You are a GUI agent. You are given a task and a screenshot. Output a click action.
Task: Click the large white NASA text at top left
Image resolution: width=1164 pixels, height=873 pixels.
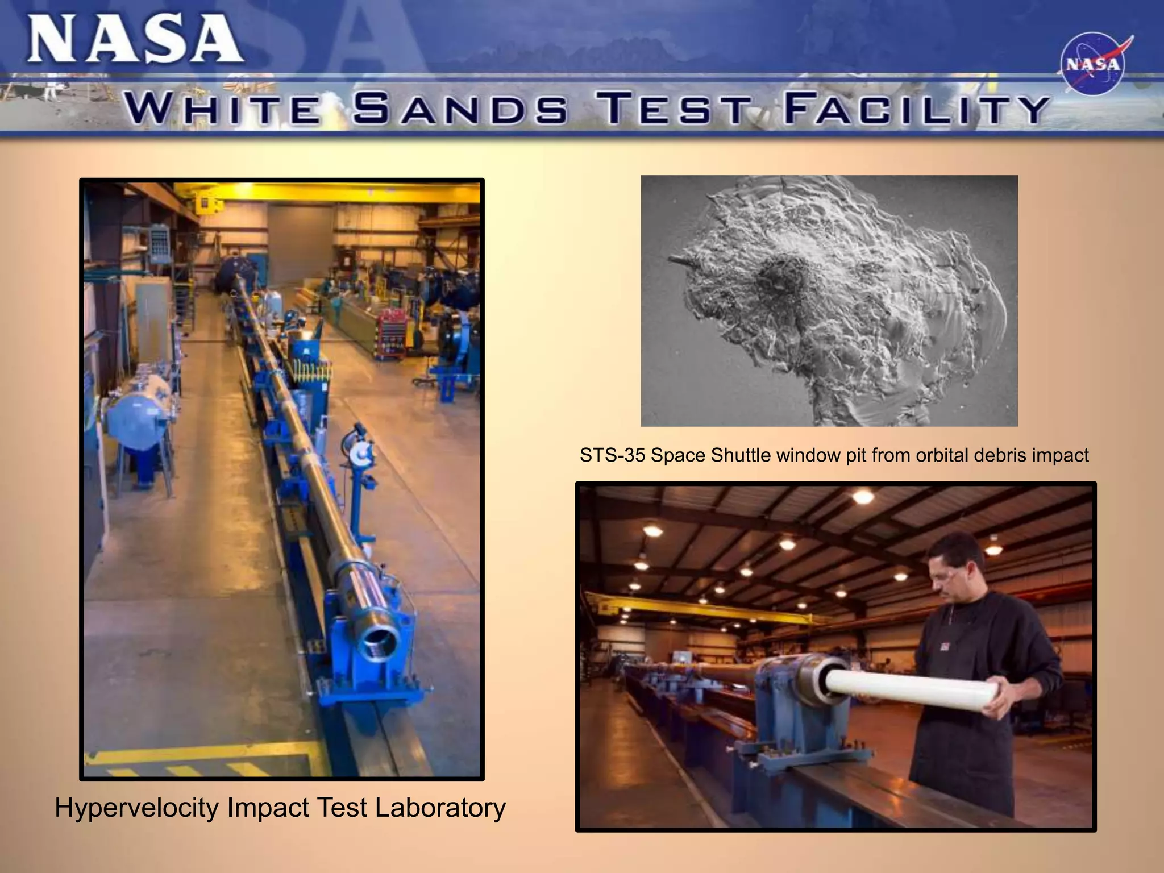135,39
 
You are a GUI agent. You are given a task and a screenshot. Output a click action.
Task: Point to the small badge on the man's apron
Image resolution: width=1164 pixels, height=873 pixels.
945,646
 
